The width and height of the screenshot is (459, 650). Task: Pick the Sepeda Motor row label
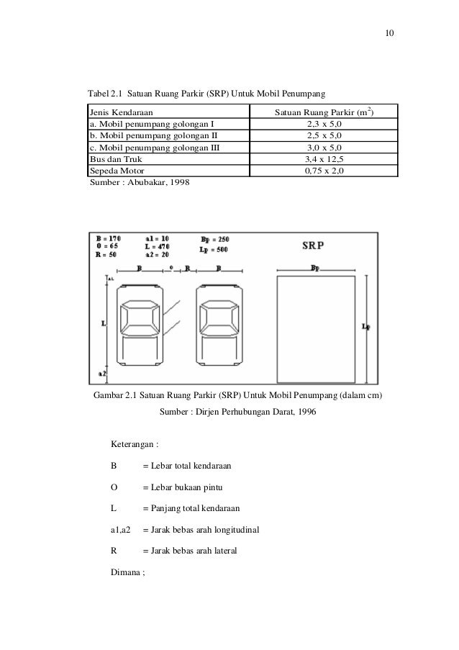pos(116,171)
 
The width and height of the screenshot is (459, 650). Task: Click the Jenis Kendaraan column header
pos(120,112)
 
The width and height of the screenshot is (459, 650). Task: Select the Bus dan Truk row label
pos(115,158)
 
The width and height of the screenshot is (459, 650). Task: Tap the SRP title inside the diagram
pos(313,245)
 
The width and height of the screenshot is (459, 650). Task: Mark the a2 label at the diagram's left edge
pos(102,374)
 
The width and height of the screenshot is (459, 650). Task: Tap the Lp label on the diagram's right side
pos(367,326)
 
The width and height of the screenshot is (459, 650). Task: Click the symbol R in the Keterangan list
pos(114,552)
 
